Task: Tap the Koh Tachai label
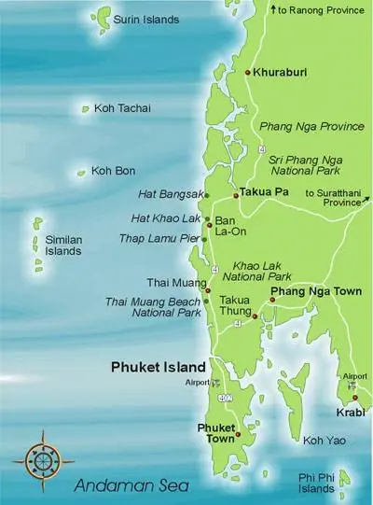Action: (x=122, y=108)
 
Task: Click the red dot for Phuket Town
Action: (x=238, y=435)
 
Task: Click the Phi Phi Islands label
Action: (x=317, y=484)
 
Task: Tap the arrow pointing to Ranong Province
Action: (x=271, y=8)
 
